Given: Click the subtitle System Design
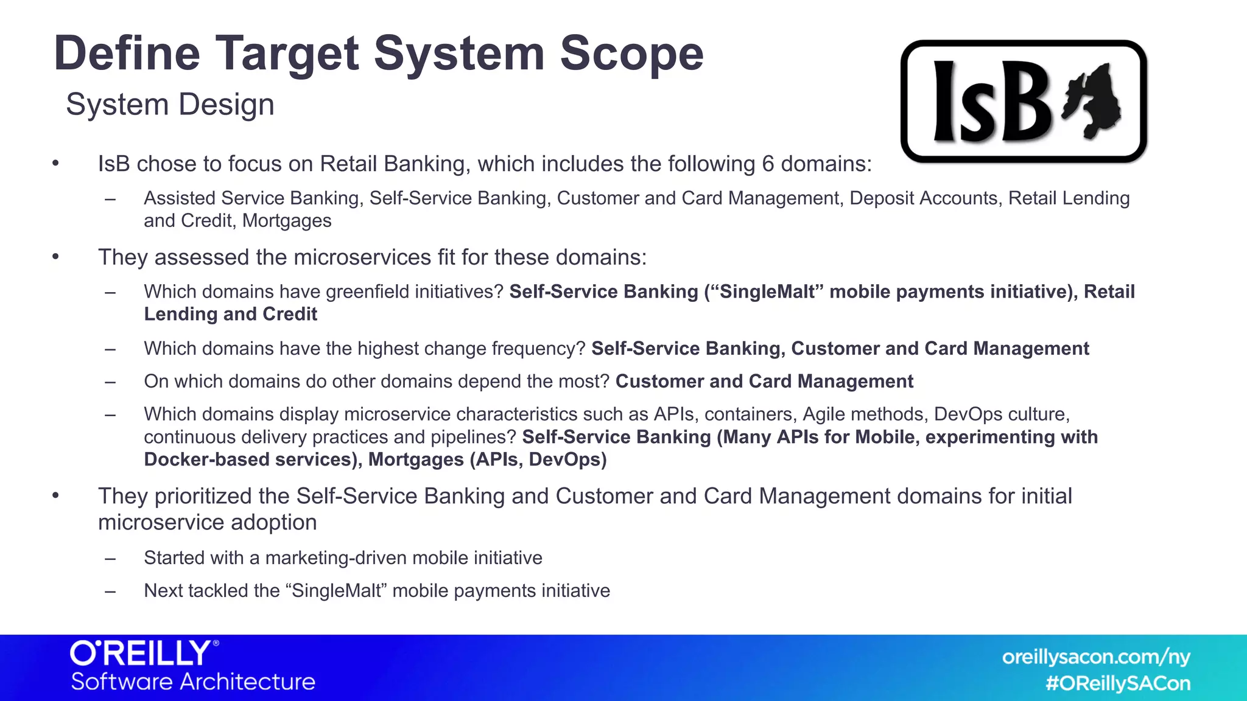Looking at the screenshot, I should (170, 105).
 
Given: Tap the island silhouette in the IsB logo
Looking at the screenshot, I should (1094, 100).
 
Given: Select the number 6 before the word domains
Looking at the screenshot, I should (768, 164).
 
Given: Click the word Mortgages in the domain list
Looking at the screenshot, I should (287, 221).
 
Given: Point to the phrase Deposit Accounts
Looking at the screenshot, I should (924, 198).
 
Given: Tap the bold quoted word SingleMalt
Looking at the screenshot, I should (767, 292).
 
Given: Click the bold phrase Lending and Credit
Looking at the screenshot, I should (230, 315).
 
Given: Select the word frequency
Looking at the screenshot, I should (535, 349).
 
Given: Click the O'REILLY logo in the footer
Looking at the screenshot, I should (143, 654).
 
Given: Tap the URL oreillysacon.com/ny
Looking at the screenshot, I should (1095, 657).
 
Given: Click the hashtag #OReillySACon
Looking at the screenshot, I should (1117, 684).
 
